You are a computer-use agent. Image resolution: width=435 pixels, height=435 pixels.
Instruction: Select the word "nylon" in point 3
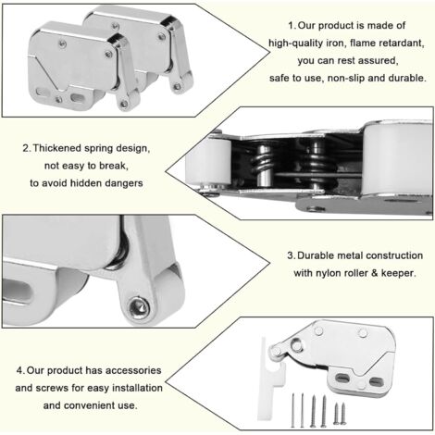click(328, 273)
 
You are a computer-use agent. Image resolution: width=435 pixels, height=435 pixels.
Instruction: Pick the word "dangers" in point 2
click(124, 183)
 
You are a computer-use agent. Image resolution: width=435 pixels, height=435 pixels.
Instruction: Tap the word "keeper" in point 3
click(398, 273)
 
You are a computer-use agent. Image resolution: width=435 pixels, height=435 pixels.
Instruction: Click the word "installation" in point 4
click(137, 388)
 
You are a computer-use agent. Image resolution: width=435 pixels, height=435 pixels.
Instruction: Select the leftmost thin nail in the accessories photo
click(292, 410)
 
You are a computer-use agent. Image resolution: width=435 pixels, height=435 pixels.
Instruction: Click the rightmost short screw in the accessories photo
click(343, 414)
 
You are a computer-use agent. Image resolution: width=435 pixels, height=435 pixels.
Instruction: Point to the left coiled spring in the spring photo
click(264, 166)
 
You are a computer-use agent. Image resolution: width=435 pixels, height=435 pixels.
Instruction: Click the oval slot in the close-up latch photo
click(18, 292)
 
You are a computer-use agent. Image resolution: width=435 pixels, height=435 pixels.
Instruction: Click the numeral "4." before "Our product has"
click(20, 370)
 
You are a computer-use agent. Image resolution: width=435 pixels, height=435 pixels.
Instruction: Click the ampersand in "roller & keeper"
click(374, 273)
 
